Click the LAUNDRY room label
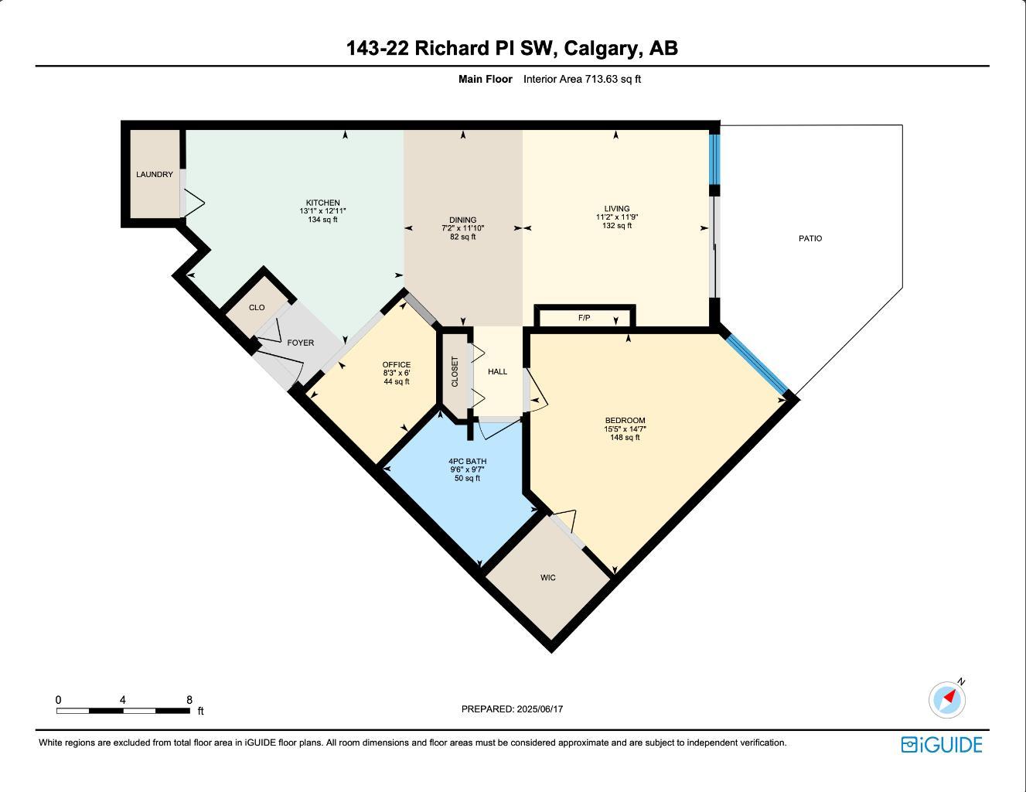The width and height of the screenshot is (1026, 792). [x=155, y=175]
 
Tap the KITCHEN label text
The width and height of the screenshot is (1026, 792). [x=322, y=203]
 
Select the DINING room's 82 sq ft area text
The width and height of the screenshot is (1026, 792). [x=463, y=237]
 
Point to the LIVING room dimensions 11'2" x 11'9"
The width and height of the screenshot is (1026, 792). [x=616, y=217]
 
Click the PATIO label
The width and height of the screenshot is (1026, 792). [x=810, y=239]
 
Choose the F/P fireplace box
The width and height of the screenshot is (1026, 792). [x=585, y=318]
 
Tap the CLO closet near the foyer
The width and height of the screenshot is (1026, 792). [x=257, y=308]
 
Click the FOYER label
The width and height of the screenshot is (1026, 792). [x=301, y=343]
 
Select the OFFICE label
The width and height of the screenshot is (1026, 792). [x=397, y=365]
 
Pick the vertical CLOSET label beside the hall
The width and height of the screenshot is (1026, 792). [x=455, y=372]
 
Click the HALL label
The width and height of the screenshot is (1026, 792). [x=498, y=372]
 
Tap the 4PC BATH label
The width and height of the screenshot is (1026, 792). [x=467, y=462]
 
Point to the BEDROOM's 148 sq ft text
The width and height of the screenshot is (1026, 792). [x=625, y=438]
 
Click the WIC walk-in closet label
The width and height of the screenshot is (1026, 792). [x=548, y=578]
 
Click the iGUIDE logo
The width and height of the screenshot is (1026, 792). [x=941, y=745]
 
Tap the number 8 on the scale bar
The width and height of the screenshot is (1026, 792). [x=189, y=700]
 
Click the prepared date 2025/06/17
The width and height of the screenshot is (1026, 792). [x=540, y=709]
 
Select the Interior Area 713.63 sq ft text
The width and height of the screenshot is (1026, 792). [x=582, y=79]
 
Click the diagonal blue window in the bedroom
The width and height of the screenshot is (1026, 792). [x=757, y=364]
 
